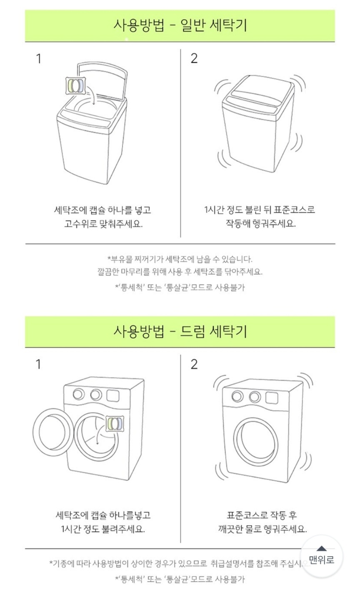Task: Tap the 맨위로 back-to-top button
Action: coord(322,556)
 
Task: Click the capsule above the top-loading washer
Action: coord(76,85)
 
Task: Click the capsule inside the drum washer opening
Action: coord(115,423)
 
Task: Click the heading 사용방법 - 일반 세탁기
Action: coord(180,25)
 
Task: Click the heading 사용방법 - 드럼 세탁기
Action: coord(180,332)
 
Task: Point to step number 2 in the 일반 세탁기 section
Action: coord(194,58)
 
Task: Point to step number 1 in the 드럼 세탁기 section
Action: coord(38,364)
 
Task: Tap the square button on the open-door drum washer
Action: coord(112,396)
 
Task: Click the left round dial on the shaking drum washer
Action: coord(237,396)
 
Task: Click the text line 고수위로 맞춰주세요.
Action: coord(103,224)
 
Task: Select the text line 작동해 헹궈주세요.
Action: coord(260,224)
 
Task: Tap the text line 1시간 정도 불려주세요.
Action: coord(102,529)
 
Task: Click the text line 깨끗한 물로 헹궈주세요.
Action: coord(262,529)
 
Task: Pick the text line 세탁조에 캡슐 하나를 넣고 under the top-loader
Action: coord(102,210)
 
